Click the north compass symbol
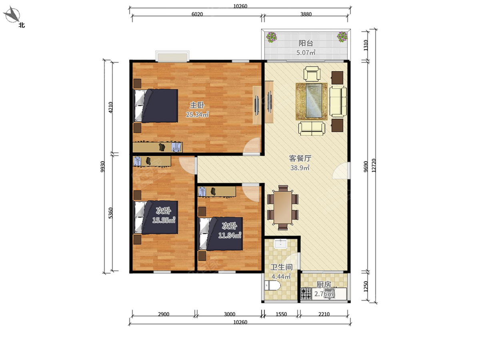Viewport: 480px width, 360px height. (12, 15)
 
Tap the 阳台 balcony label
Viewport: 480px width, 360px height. (306, 43)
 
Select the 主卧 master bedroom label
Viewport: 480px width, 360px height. (197, 105)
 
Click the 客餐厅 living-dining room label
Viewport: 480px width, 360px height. (300, 158)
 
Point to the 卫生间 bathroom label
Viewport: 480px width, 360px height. (281, 267)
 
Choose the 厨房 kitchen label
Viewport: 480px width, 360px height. (324, 284)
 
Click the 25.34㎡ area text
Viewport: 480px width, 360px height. (197, 114)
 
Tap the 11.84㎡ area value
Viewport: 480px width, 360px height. (230, 235)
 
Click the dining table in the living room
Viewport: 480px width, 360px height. (283, 208)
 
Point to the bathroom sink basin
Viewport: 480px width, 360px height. (281, 244)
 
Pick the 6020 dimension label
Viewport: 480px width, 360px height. (197, 14)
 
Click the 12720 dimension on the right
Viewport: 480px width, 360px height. (374, 166)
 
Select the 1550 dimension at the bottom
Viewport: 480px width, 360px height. (281, 314)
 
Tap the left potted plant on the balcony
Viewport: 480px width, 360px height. (271, 37)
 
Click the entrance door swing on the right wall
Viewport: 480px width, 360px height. (340, 171)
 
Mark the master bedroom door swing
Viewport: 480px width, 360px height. (252, 146)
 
